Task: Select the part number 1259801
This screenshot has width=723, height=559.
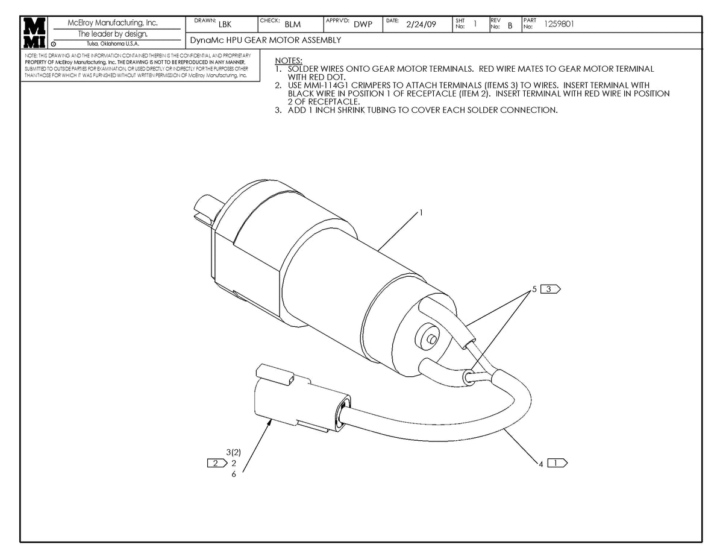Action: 559,25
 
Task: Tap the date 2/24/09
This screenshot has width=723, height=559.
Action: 421,25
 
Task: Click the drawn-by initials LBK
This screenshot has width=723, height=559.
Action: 225,25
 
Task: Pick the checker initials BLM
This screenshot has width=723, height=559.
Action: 293,25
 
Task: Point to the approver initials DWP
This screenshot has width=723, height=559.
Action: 363,25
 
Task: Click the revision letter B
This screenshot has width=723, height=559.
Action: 510,25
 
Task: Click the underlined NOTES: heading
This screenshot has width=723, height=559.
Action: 289,61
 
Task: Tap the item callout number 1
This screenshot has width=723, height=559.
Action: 421,213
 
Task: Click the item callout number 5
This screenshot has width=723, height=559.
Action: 534,289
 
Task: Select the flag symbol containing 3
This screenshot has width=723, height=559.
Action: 550,289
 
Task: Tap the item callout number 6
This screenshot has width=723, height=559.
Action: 233,474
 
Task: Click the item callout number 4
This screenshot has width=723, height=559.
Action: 541,464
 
